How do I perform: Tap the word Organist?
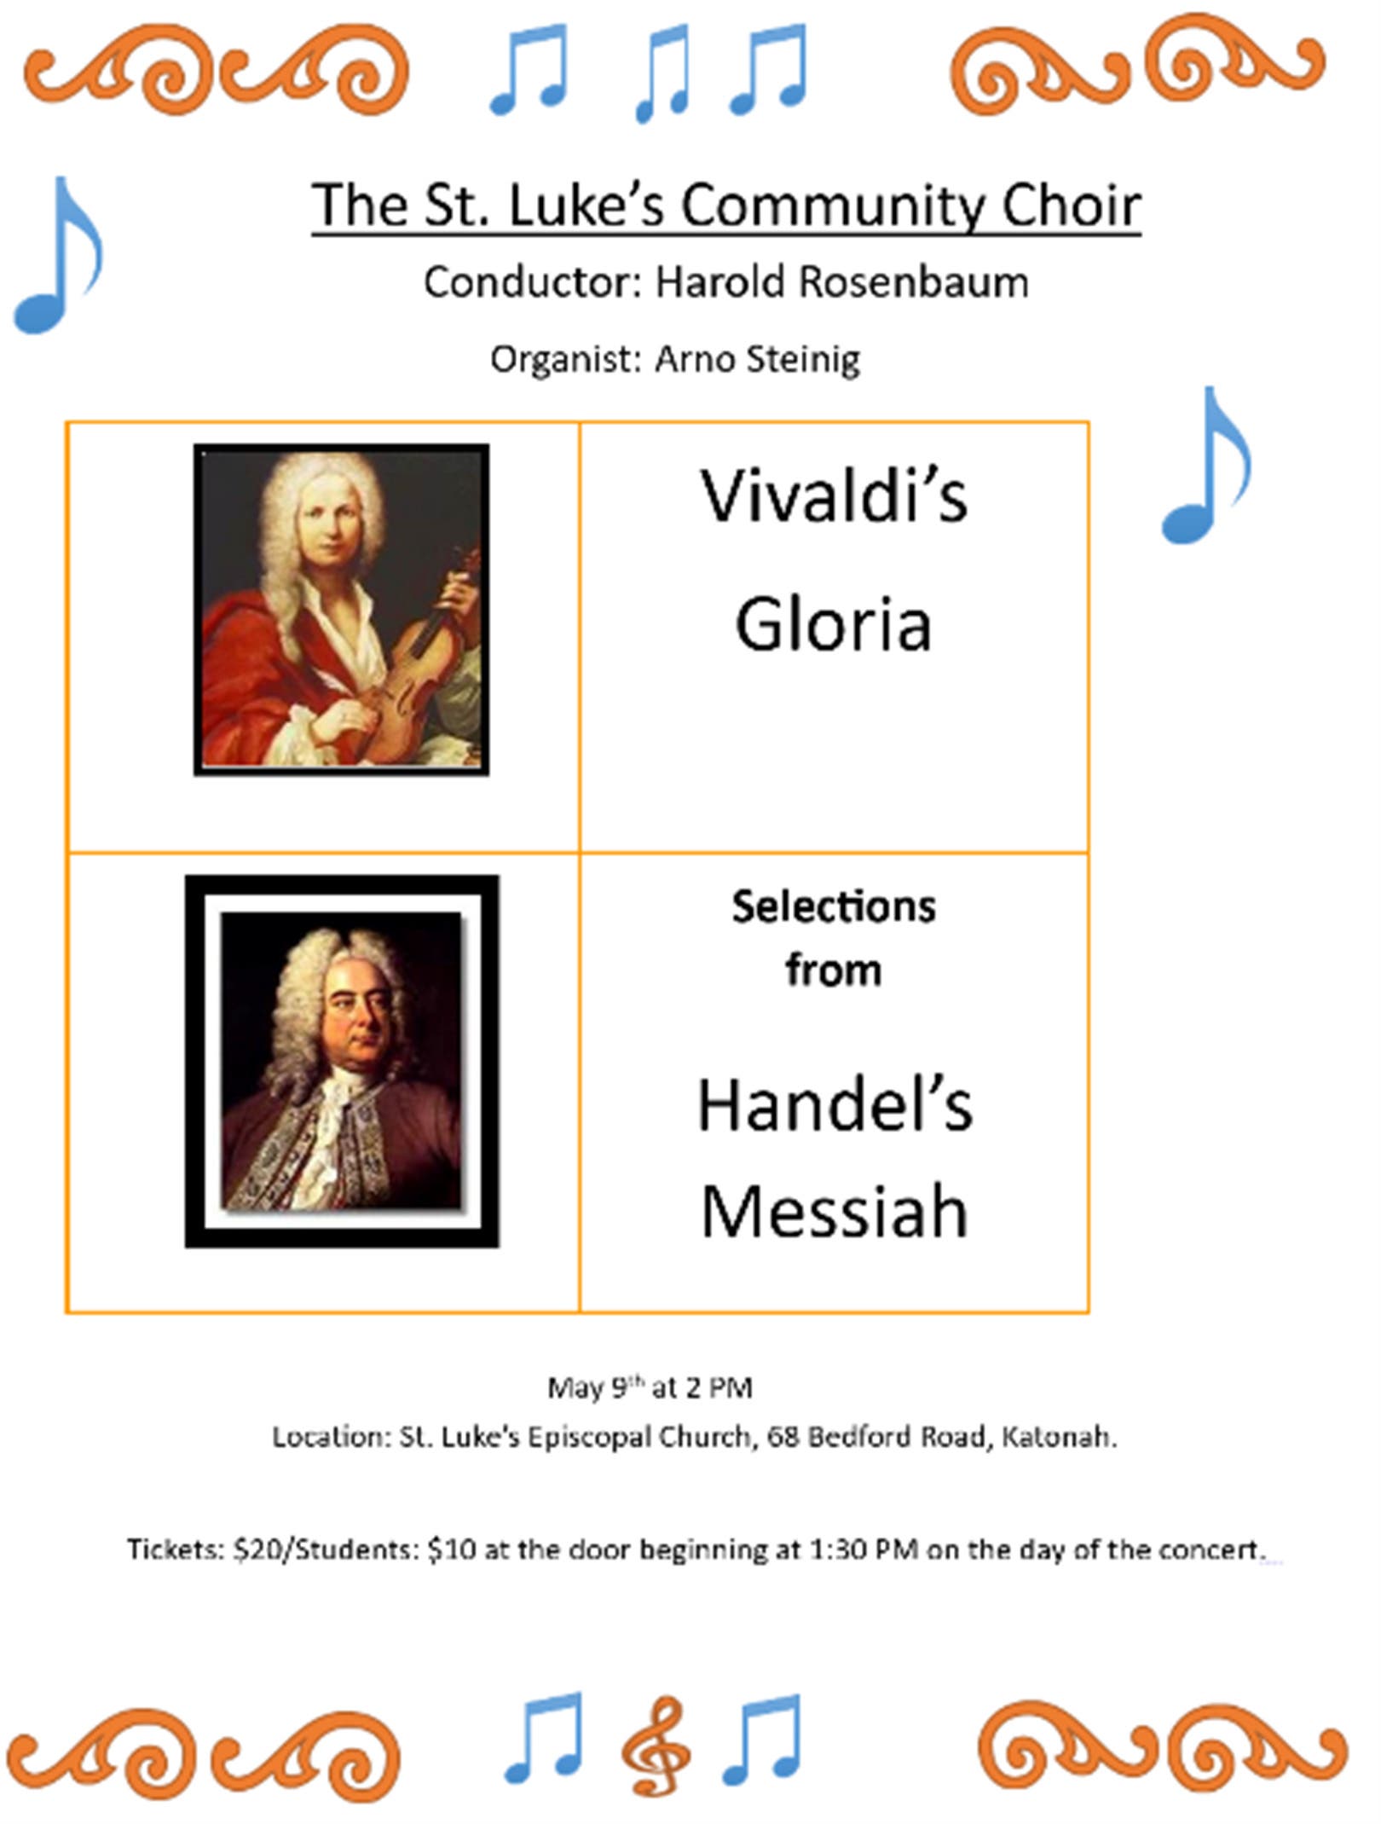[564, 359]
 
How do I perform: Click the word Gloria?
[833, 624]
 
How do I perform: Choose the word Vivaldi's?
[834, 495]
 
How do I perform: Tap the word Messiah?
[835, 1212]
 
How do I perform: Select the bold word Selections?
[834, 906]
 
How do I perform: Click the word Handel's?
[835, 1106]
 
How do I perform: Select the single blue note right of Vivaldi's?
[1206, 465]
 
